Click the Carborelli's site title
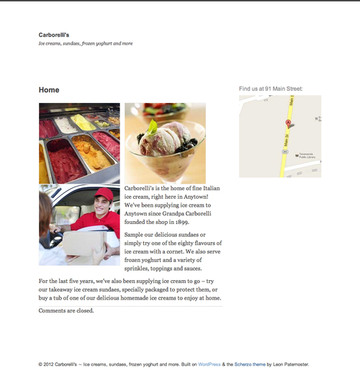[x=54, y=34]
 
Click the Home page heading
[x=49, y=90]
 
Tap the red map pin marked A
[x=287, y=124]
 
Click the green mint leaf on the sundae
[x=152, y=127]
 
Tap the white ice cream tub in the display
[x=66, y=125]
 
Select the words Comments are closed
[x=66, y=311]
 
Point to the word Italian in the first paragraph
[x=207, y=188]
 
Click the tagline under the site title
[x=86, y=43]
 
